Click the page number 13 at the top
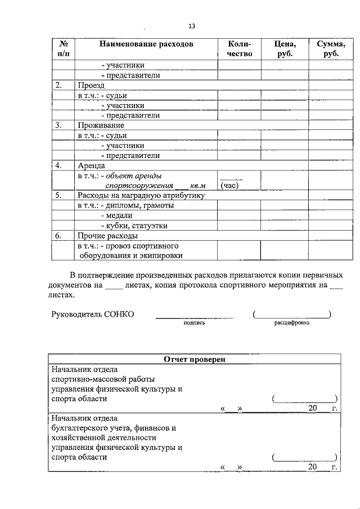(192, 26)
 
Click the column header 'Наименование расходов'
(146, 43)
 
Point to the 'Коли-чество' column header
(239, 48)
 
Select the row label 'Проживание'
(101, 125)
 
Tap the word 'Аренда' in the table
(91, 166)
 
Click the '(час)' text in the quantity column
(231, 185)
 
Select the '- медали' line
(116, 215)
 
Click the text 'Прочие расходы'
(107, 236)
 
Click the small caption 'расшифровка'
(291, 323)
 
